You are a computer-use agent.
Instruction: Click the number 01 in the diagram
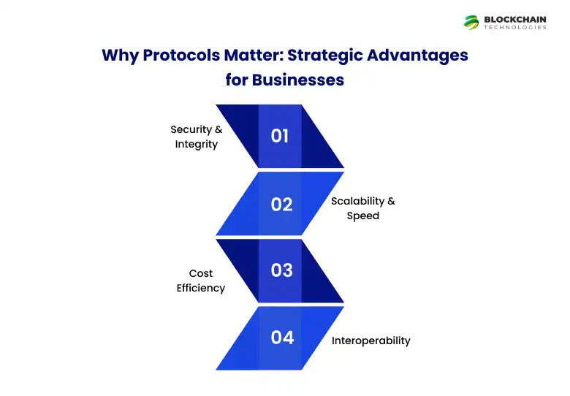point(280,136)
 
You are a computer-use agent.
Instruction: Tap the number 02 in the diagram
point(281,205)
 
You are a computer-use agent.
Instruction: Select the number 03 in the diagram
point(281,270)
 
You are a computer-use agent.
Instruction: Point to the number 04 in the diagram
point(282,338)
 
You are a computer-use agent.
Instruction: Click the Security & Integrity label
point(197,137)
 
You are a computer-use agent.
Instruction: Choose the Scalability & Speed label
point(362,208)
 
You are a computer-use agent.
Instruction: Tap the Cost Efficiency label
point(201,281)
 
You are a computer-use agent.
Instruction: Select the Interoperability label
point(371,340)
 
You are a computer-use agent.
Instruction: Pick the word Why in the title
point(118,56)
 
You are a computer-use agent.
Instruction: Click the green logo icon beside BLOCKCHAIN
point(471,22)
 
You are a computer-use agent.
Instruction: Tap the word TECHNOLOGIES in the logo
point(514,28)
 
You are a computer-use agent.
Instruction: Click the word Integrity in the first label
point(197,144)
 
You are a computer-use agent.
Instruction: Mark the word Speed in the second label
point(362,216)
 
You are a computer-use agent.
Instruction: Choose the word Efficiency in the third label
point(201,288)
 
